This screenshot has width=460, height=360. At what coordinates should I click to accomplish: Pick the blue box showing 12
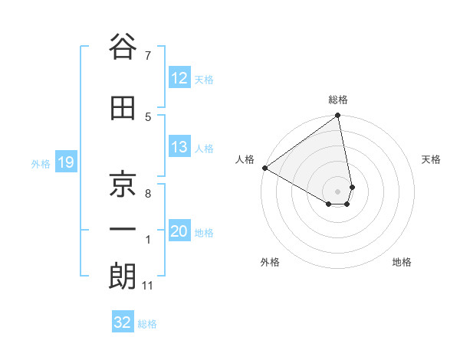click(x=179, y=78)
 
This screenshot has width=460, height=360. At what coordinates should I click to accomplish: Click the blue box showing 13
click(x=179, y=147)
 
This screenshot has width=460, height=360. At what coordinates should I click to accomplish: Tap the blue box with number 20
click(x=179, y=231)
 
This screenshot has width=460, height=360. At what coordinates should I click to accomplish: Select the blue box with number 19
click(x=66, y=162)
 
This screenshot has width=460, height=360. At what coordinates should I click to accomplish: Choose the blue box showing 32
click(x=123, y=322)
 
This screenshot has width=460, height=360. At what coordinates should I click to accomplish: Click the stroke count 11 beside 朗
click(x=147, y=286)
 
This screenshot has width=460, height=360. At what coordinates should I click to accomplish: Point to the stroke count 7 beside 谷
click(x=147, y=55)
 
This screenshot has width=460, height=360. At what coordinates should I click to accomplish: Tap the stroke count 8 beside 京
click(x=147, y=194)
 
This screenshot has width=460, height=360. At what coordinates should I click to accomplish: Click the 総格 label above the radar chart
click(x=338, y=100)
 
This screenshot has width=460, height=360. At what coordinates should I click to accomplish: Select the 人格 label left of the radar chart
click(x=245, y=159)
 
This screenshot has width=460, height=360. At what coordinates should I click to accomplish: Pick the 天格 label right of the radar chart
click(x=431, y=159)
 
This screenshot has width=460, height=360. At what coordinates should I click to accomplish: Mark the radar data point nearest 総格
click(x=337, y=116)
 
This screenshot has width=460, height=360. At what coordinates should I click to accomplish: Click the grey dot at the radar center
click(x=338, y=190)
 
